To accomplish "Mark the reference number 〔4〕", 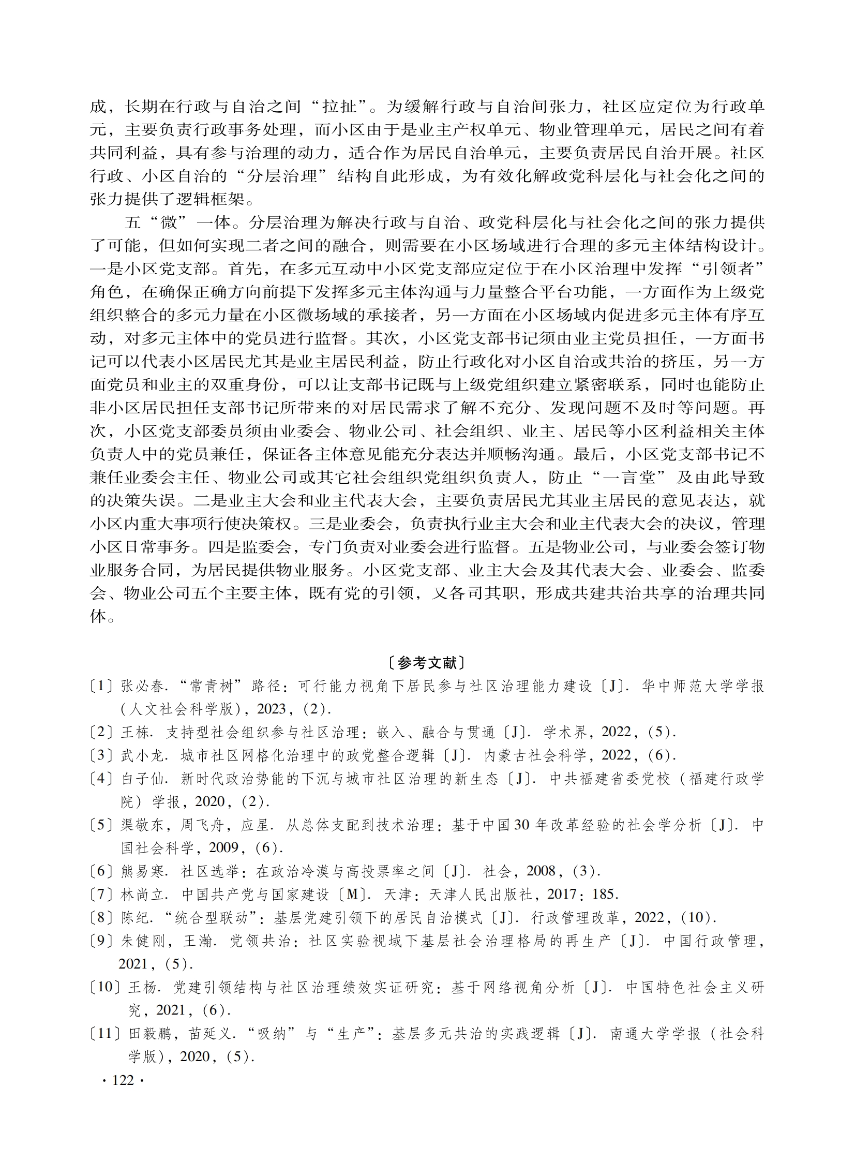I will click(101, 779).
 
